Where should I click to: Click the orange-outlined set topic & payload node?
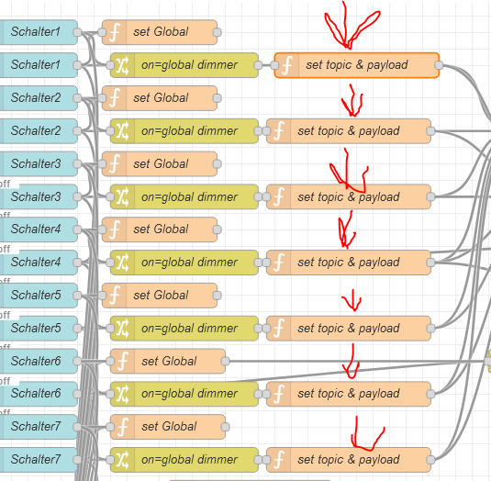(357, 65)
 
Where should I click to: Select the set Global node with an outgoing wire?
(168, 361)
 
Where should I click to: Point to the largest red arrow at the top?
(351, 26)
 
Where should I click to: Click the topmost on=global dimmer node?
(184, 65)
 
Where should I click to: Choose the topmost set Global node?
(160, 32)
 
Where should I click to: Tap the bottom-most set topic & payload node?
(349, 460)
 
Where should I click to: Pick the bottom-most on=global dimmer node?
(184, 460)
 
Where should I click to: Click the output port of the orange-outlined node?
(439, 65)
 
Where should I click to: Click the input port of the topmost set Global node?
(102, 32)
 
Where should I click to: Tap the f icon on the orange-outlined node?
(287, 65)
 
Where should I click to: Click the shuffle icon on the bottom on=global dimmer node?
(122, 460)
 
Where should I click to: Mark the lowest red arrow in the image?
(367, 433)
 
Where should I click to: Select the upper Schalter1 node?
(39, 32)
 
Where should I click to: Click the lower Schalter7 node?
(39, 460)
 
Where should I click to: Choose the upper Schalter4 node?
(39, 229)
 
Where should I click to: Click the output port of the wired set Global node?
(225, 361)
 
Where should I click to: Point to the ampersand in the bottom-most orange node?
(351, 459)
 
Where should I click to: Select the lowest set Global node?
(168, 427)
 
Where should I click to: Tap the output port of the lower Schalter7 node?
(77, 460)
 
